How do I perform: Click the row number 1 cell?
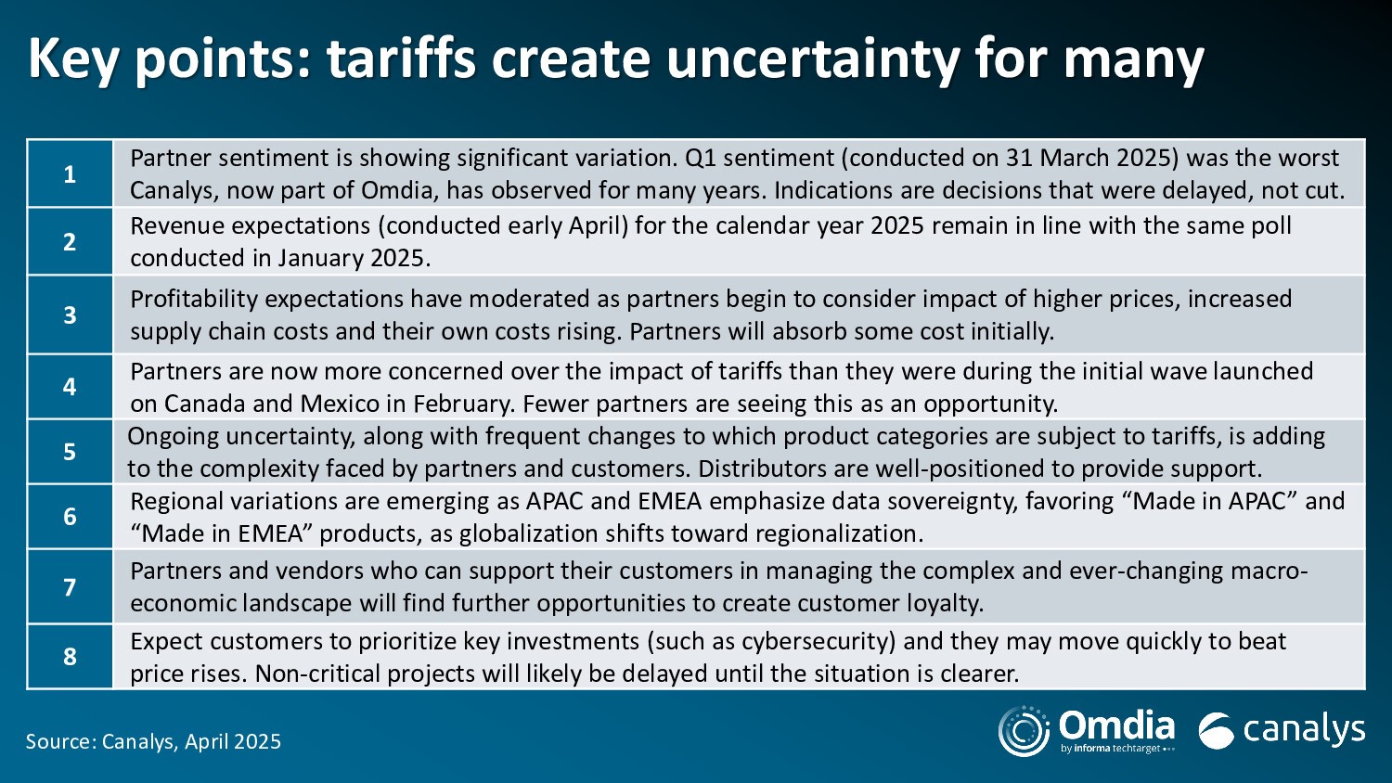tap(70, 173)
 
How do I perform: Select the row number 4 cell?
tap(70, 387)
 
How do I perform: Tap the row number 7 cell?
tap(70, 586)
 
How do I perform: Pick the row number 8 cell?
tap(70, 657)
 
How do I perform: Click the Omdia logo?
tap(1087, 731)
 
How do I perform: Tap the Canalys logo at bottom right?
tap(1282, 730)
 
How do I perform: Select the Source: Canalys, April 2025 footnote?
tap(153, 741)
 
